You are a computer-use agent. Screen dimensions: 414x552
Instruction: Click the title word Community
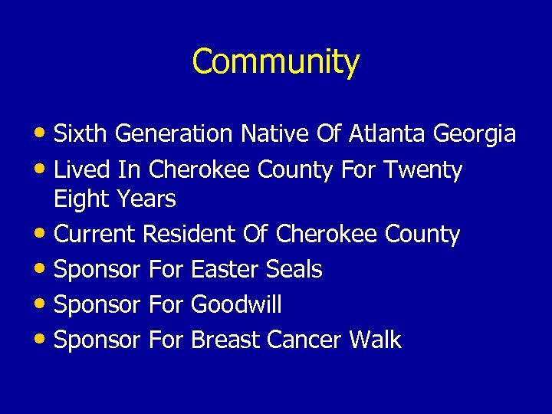[275, 61]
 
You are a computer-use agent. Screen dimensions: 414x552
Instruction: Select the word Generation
[174, 134]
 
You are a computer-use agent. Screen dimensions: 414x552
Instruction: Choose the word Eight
[80, 200]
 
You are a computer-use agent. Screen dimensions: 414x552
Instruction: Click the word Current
[95, 234]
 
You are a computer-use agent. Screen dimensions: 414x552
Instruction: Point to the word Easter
[225, 269]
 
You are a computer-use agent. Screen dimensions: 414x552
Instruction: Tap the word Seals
[294, 269]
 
